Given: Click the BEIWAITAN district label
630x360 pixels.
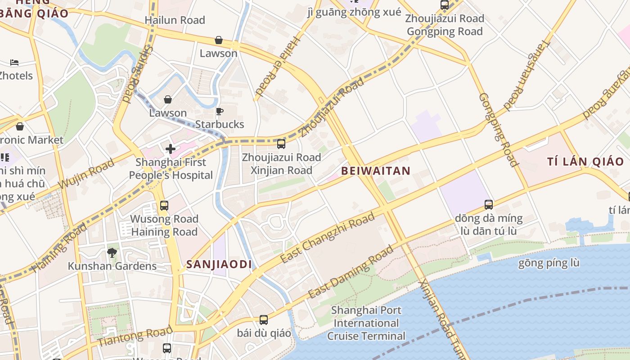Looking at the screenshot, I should pyautogui.click(x=376, y=171).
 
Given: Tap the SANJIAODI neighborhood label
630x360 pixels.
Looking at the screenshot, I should pyautogui.click(x=219, y=265).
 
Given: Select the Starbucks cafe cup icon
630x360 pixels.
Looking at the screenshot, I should pyautogui.click(x=220, y=111).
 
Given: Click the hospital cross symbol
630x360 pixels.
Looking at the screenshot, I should pyautogui.click(x=171, y=148).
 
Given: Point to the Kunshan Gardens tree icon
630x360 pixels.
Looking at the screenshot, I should pyautogui.click(x=112, y=253).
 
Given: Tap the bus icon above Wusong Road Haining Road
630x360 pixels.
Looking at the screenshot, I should pyautogui.click(x=164, y=206).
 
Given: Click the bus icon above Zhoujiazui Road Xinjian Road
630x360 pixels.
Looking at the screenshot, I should pyautogui.click(x=281, y=144).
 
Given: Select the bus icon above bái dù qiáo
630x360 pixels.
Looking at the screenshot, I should pyautogui.click(x=264, y=320).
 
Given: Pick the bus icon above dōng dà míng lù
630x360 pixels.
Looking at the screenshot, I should pyautogui.click(x=489, y=205).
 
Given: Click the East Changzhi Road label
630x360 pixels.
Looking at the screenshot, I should pyautogui.click(x=327, y=238).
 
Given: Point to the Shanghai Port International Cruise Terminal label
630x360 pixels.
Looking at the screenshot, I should pyautogui.click(x=366, y=323).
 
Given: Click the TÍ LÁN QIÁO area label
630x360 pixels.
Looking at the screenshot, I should pyautogui.click(x=585, y=162).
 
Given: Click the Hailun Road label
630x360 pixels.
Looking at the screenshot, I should pyautogui.click(x=175, y=20).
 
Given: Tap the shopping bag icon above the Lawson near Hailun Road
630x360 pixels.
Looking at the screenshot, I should pyautogui.click(x=219, y=40).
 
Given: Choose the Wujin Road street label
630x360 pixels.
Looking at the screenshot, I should pyautogui.click(x=86, y=175).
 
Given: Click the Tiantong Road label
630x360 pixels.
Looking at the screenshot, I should pyautogui.click(x=135, y=337).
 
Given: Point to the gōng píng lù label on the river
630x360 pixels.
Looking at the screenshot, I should pyautogui.click(x=549, y=263).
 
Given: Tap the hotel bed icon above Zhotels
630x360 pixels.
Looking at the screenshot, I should pyautogui.click(x=14, y=63).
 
